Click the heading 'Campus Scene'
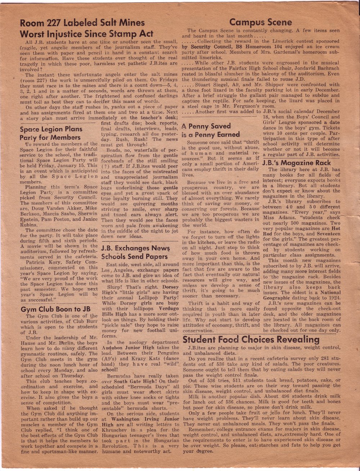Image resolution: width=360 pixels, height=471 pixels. [x=261, y=22]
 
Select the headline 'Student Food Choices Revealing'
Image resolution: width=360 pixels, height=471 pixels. [x=251, y=339]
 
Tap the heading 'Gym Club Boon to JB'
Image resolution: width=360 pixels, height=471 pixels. [x=55, y=309]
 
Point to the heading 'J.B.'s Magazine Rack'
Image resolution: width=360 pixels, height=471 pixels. [x=297, y=163]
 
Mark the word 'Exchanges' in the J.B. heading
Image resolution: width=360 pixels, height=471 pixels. [x=132, y=248]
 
